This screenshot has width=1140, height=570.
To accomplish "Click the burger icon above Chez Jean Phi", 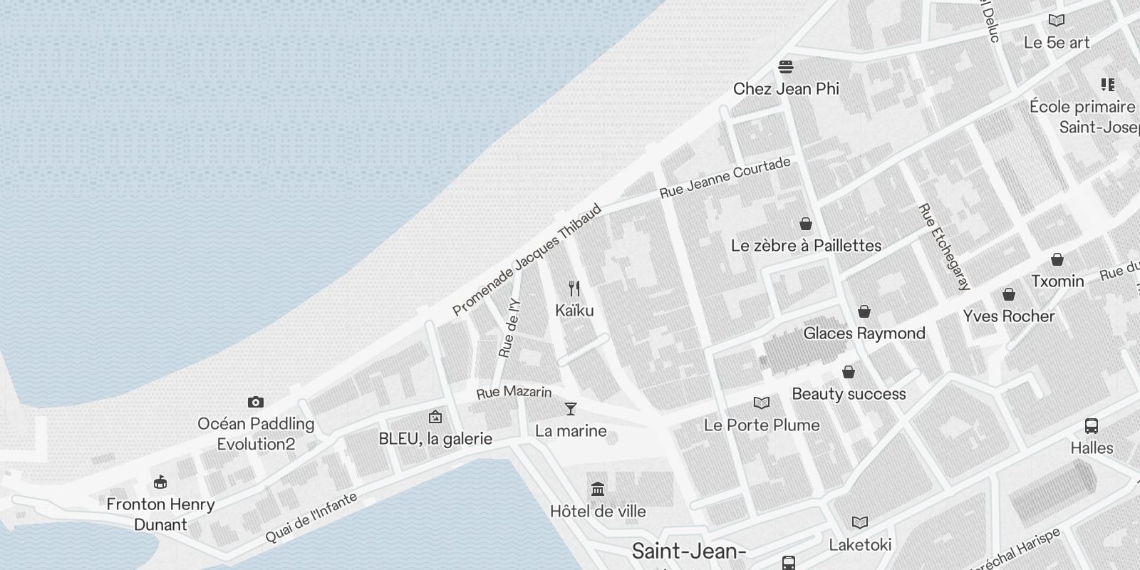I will click(786, 67).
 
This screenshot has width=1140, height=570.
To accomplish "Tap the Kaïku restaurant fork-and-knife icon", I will click(574, 289).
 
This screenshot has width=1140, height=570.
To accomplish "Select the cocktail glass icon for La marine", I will click(570, 409).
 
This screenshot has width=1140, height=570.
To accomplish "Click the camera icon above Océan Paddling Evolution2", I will click(255, 403).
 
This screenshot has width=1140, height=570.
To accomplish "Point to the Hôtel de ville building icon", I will click(598, 489).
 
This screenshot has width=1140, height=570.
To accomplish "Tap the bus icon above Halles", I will click(1091, 426).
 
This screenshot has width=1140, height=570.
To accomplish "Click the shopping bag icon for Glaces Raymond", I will click(864, 311).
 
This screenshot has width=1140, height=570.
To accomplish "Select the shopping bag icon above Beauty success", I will click(848, 372).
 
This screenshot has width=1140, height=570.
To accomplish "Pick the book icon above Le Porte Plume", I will click(762, 403).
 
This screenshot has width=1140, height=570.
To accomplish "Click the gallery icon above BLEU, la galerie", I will click(435, 417).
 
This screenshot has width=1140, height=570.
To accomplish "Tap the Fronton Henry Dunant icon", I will click(160, 482).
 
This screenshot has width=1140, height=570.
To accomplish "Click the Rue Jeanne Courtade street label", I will click(725, 177).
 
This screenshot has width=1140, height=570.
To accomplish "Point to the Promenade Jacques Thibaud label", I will click(527, 260).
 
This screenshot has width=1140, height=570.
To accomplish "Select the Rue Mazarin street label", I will click(514, 392).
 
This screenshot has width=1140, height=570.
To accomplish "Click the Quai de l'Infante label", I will click(311, 518).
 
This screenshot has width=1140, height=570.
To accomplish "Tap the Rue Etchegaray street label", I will click(944, 247).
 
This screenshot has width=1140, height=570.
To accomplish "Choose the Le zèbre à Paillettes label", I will click(806, 246).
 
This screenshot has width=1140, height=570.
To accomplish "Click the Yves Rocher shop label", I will click(1008, 316).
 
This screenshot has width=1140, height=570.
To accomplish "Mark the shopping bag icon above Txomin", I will click(1057, 259).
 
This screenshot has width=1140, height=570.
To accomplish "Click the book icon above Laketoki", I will click(860, 523).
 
